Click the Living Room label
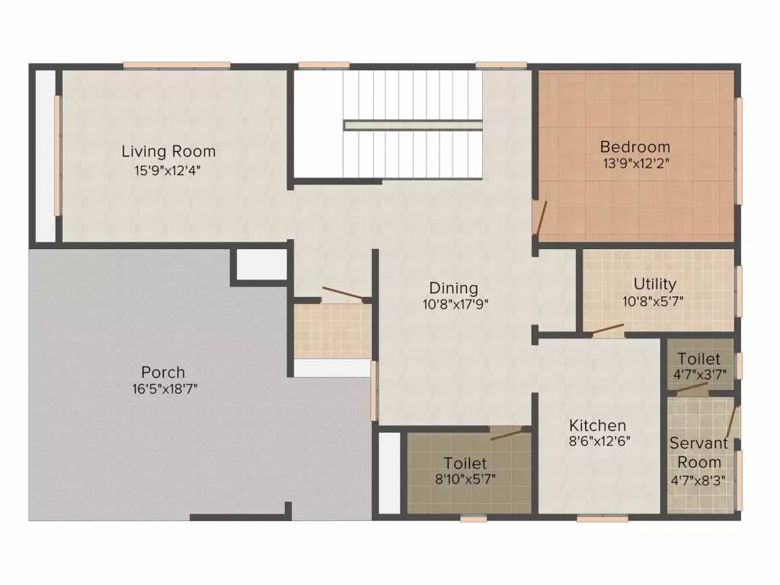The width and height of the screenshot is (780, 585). pyautogui.click(x=168, y=151)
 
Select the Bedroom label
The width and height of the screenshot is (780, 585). pyautogui.click(x=635, y=146)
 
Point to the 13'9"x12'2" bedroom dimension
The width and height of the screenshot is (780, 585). pyautogui.click(x=635, y=163)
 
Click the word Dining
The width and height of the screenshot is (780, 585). pyautogui.click(x=454, y=288)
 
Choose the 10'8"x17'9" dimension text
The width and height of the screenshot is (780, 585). pyautogui.click(x=454, y=303)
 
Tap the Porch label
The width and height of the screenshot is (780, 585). pyautogui.click(x=163, y=372)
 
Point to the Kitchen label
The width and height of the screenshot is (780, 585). pyautogui.click(x=598, y=425)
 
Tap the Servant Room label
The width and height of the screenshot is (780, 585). pyautogui.click(x=699, y=452)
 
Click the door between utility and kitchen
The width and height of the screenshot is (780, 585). pyautogui.click(x=608, y=331)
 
